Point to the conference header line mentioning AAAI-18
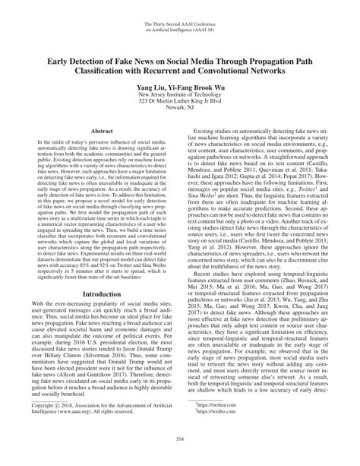pos(180,31)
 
